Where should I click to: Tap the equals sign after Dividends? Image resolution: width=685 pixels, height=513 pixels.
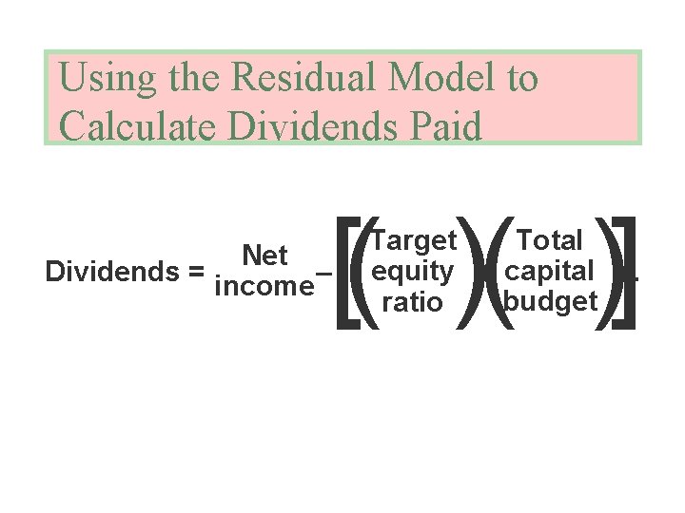tap(197, 272)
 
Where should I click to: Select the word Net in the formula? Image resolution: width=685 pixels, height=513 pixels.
tap(265, 256)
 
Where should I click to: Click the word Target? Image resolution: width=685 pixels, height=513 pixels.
tap(415, 240)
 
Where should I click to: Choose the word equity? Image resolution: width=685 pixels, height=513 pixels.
tap(414, 272)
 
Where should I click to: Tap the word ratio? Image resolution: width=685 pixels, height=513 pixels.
tap(412, 303)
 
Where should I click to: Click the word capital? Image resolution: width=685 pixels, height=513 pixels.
tap(550, 271)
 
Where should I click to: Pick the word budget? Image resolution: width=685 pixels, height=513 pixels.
tap(551, 302)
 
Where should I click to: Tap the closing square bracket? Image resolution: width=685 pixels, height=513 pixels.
tap(624, 273)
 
